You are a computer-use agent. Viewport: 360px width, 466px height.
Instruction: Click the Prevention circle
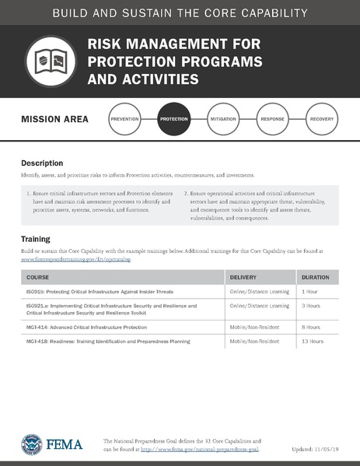pos(125,120)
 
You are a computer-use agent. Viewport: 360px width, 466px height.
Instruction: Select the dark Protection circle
pos(173,120)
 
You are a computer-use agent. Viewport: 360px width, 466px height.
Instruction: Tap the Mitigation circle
pos(222,120)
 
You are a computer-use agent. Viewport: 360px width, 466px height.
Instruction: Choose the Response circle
pos(272,120)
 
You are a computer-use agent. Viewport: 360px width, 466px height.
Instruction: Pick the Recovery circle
pos(321,120)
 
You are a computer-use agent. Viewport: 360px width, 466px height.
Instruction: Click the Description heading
pos(42,163)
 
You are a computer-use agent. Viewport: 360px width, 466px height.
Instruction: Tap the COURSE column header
pos(37,277)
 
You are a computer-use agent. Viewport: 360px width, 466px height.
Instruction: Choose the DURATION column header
pos(316,277)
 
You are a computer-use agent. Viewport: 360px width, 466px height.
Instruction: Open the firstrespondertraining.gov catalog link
pos(76,259)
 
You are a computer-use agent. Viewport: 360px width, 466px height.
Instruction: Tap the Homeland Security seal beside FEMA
pos(33,444)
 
